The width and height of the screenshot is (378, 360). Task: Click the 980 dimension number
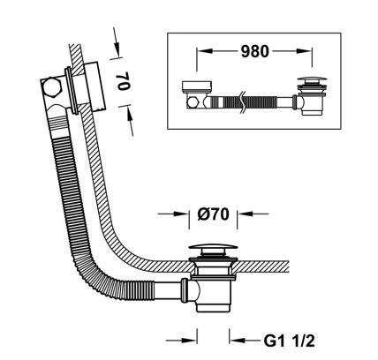click(x=255, y=51)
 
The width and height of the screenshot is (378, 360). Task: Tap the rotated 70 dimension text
click(x=123, y=81)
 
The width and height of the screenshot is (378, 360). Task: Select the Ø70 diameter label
click(x=213, y=214)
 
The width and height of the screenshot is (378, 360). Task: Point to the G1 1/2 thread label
click(x=289, y=341)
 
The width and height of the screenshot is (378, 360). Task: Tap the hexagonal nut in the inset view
click(x=192, y=102)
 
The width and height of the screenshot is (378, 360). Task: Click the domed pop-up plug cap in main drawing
click(x=213, y=248)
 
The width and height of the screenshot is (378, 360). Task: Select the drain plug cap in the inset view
click(x=312, y=79)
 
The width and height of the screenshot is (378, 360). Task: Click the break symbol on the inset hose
click(x=242, y=102)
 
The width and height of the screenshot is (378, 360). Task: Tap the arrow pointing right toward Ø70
click(x=173, y=214)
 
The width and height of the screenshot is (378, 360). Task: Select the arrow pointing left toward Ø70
click(x=253, y=214)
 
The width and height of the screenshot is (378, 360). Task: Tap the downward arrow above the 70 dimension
click(x=116, y=42)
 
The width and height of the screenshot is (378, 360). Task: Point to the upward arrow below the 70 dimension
click(x=130, y=120)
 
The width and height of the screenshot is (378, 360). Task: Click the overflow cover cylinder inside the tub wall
click(x=94, y=86)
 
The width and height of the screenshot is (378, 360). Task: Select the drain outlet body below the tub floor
click(x=213, y=295)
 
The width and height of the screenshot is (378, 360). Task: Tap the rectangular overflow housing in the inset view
click(x=197, y=86)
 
